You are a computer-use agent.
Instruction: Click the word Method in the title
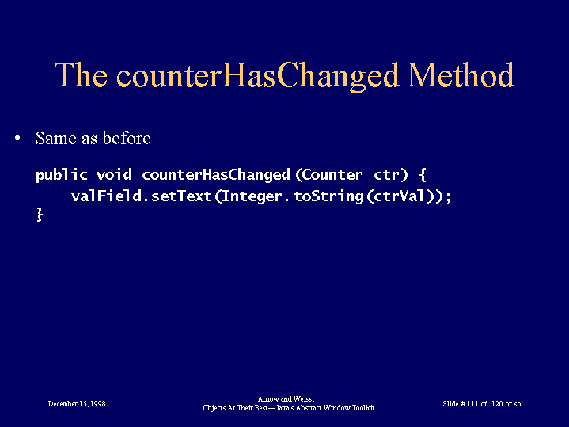[461, 74]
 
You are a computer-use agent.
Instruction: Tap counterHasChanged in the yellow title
[258, 77]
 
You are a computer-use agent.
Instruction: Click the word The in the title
[81, 74]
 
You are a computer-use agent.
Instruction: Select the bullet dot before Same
[17, 139]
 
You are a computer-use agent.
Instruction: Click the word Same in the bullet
[56, 138]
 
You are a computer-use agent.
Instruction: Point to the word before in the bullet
[127, 138]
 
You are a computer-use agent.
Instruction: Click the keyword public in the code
[62, 175]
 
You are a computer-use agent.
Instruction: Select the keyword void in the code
[114, 175]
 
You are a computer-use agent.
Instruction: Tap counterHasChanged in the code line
[216, 176]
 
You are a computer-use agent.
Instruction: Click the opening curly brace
[423, 175]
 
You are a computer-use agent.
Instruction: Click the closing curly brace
[40, 215]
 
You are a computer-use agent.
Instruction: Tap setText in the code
[181, 196]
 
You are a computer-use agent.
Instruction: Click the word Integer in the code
[252, 197]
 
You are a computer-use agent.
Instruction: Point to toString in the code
[328, 197]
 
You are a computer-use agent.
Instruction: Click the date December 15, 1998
[77, 404]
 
